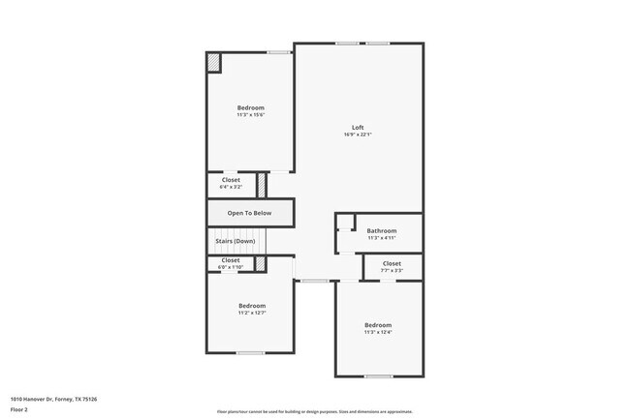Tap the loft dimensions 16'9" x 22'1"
[358, 135]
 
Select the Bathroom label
[381, 230]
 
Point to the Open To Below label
[249, 213]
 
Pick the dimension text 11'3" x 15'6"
[250, 115]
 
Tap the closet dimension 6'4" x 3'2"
[231, 187]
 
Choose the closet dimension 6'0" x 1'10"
[231, 267]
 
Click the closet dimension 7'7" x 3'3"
[392, 271]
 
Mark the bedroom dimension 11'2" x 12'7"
[251, 313]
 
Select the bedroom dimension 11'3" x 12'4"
[378, 332]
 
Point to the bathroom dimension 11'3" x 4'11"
[381, 238]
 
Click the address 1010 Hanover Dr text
[54, 398]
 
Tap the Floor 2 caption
[20, 409]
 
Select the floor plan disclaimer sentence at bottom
[314, 411]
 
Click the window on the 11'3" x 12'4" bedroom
[378, 375]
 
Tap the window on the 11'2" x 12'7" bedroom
[251, 353]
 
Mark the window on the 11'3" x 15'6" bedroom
[279, 51]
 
